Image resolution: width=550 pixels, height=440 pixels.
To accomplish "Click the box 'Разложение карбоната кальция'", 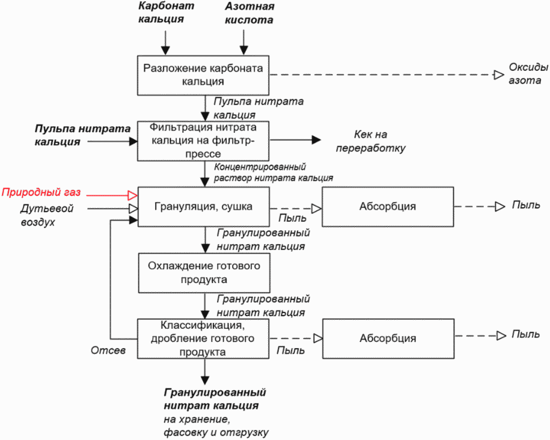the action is [203, 75].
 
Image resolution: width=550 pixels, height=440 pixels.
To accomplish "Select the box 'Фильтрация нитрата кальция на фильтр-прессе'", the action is [203, 141].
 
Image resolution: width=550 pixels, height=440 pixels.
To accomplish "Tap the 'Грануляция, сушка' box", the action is [203, 207].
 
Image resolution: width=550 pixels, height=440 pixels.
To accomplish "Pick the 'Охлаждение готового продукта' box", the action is [204, 273].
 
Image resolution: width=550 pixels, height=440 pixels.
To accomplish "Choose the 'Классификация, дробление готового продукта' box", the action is [203, 338].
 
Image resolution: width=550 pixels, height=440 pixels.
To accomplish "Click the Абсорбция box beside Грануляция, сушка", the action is [388, 207].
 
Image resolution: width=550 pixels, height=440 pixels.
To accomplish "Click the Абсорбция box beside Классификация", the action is [388, 338].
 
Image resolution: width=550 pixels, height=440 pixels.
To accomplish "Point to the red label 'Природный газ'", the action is [41, 192].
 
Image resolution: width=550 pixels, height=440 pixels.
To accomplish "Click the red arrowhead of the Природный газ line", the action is [133, 195].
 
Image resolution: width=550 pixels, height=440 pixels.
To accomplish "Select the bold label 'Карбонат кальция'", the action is [166, 12].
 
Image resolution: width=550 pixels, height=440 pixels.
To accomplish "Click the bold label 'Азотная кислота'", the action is [249, 13].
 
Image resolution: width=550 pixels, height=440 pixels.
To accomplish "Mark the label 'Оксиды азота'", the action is [528, 74].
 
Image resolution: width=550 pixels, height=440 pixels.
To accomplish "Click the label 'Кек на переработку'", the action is [370, 141].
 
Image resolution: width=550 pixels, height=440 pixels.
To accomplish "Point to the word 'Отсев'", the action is [108, 350].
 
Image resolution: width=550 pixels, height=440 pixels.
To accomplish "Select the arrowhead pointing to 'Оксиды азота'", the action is [499, 75].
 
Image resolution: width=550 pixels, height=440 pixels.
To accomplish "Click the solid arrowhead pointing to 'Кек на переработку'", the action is [316, 140].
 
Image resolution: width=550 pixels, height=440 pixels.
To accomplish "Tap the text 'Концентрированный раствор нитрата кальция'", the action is [273, 172].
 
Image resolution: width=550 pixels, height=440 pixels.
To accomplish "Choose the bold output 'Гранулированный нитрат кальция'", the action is [215, 399].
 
